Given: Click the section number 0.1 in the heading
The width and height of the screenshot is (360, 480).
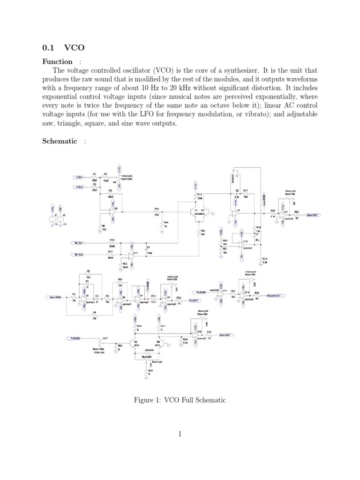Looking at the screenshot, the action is pos(49,47).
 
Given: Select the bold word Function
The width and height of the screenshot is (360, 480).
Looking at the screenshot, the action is pos(58,61).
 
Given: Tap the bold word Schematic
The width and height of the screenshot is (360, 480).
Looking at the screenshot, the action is pos(60,141).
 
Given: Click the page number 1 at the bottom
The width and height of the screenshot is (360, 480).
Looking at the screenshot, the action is pos(180,434).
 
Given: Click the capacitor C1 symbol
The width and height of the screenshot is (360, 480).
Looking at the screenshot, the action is pos(148,249).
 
